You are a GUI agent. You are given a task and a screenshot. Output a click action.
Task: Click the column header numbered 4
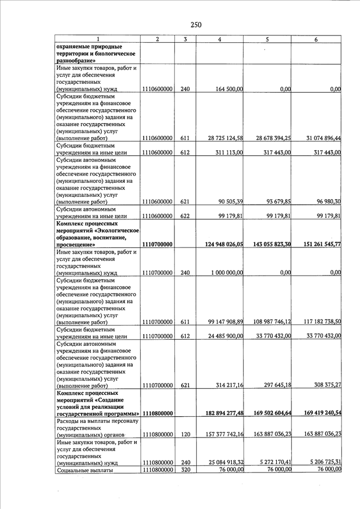click(219, 39)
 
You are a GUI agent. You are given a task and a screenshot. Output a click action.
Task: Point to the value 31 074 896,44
click(318, 138)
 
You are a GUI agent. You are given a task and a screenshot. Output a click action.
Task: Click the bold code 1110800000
click(157, 413)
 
